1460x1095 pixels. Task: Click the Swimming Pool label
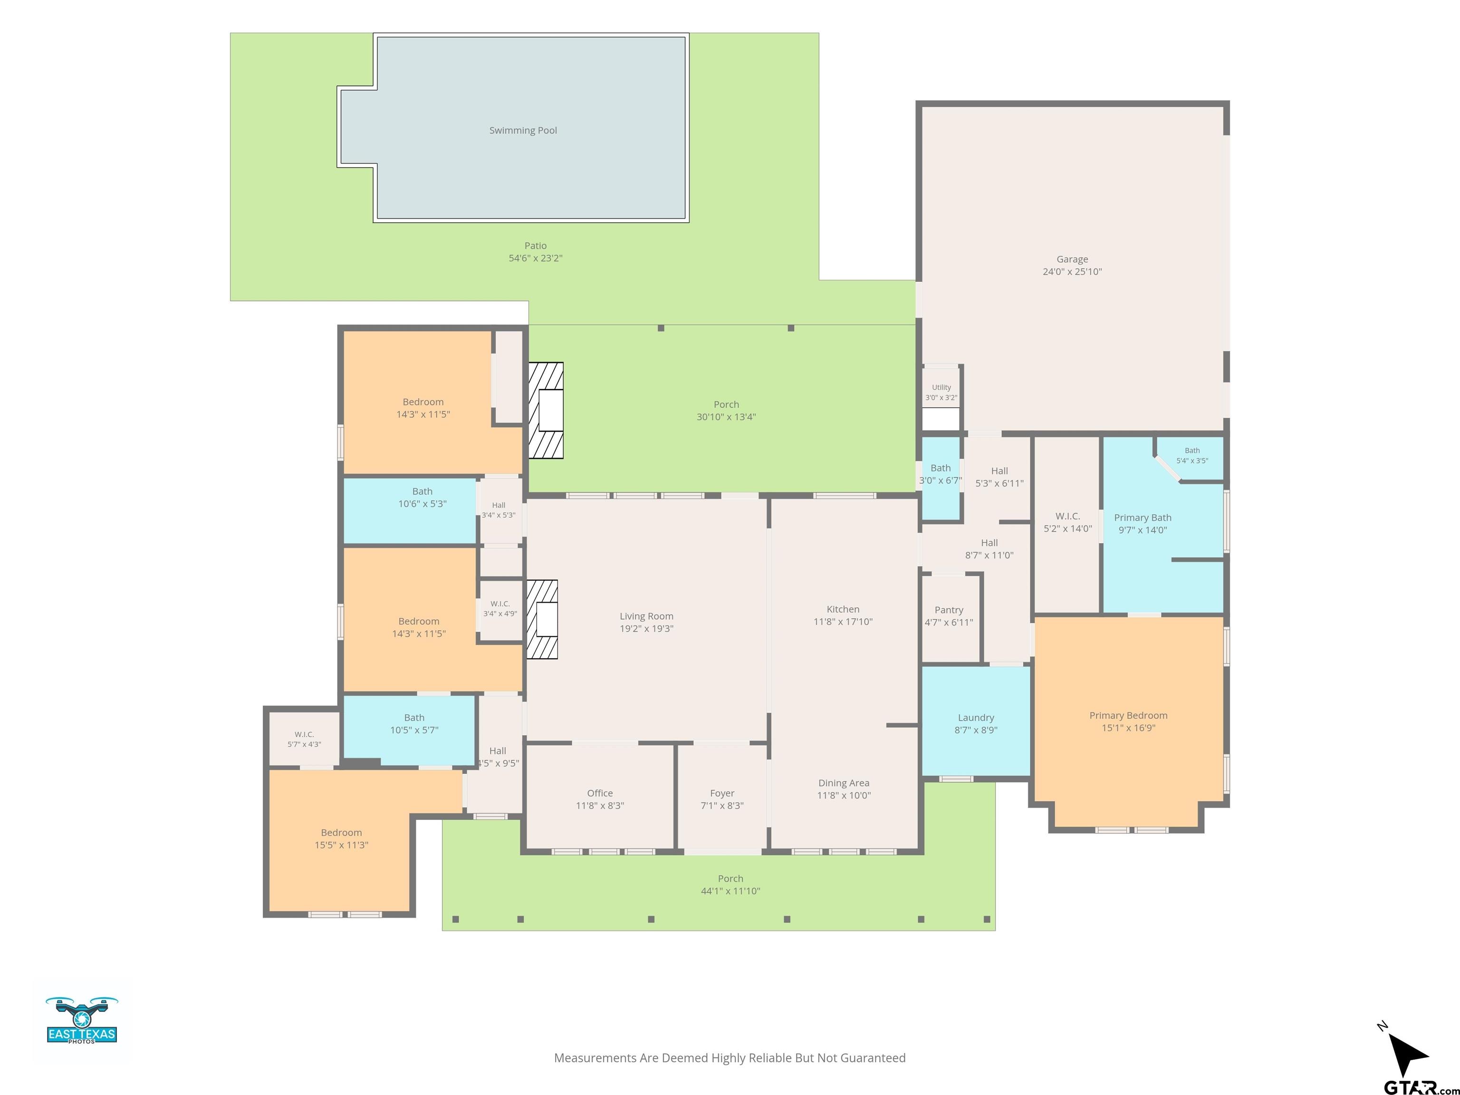pyautogui.click(x=523, y=131)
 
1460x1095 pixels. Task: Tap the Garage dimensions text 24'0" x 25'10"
pyautogui.click(x=1072, y=272)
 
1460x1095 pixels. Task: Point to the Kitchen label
pyautogui.click(x=843, y=609)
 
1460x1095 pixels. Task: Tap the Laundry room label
pyautogui.click(x=976, y=718)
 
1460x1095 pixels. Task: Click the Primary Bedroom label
pyautogui.click(x=1128, y=715)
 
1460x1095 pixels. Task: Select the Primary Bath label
pyautogui.click(x=1143, y=518)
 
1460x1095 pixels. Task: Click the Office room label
pyautogui.click(x=599, y=793)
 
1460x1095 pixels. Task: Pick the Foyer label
pyautogui.click(x=722, y=793)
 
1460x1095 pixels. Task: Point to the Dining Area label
pyautogui.click(x=844, y=783)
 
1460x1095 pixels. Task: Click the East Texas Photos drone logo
pyautogui.click(x=82, y=1020)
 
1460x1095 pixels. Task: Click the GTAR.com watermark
pyautogui.click(x=1421, y=1086)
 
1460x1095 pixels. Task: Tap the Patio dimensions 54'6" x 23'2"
pyautogui.click(x=535, y=258)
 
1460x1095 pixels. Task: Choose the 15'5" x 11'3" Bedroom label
pyautogui.click(x=341, y=839)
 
